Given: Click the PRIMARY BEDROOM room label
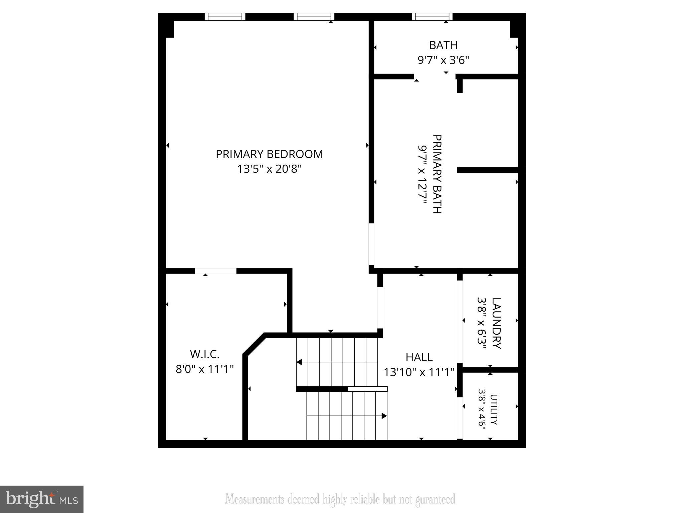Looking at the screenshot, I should pos(269,154).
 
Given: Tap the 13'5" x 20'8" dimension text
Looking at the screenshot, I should pos(269,169).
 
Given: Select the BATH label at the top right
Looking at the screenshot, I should pos(443,45).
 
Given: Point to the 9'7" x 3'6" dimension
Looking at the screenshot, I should pos(443,60).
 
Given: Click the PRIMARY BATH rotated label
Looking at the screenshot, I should pos(437,174).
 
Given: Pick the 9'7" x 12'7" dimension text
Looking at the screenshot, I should pos(422,174).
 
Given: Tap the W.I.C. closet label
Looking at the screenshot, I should pos(204,354).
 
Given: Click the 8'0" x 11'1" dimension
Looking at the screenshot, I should pos(204,369).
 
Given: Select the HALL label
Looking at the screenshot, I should pos(419,357).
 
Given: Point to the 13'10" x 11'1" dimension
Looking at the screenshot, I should pos(419,372).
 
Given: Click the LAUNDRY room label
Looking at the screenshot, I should pos(496,323).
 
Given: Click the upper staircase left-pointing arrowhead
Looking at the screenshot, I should pos(299,362).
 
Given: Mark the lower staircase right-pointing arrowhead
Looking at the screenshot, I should pos(384,416).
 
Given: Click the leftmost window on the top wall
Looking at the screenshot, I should pos(225,17).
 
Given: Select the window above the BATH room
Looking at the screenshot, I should pos(432,17).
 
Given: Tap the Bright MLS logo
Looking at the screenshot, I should pos(42,499).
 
